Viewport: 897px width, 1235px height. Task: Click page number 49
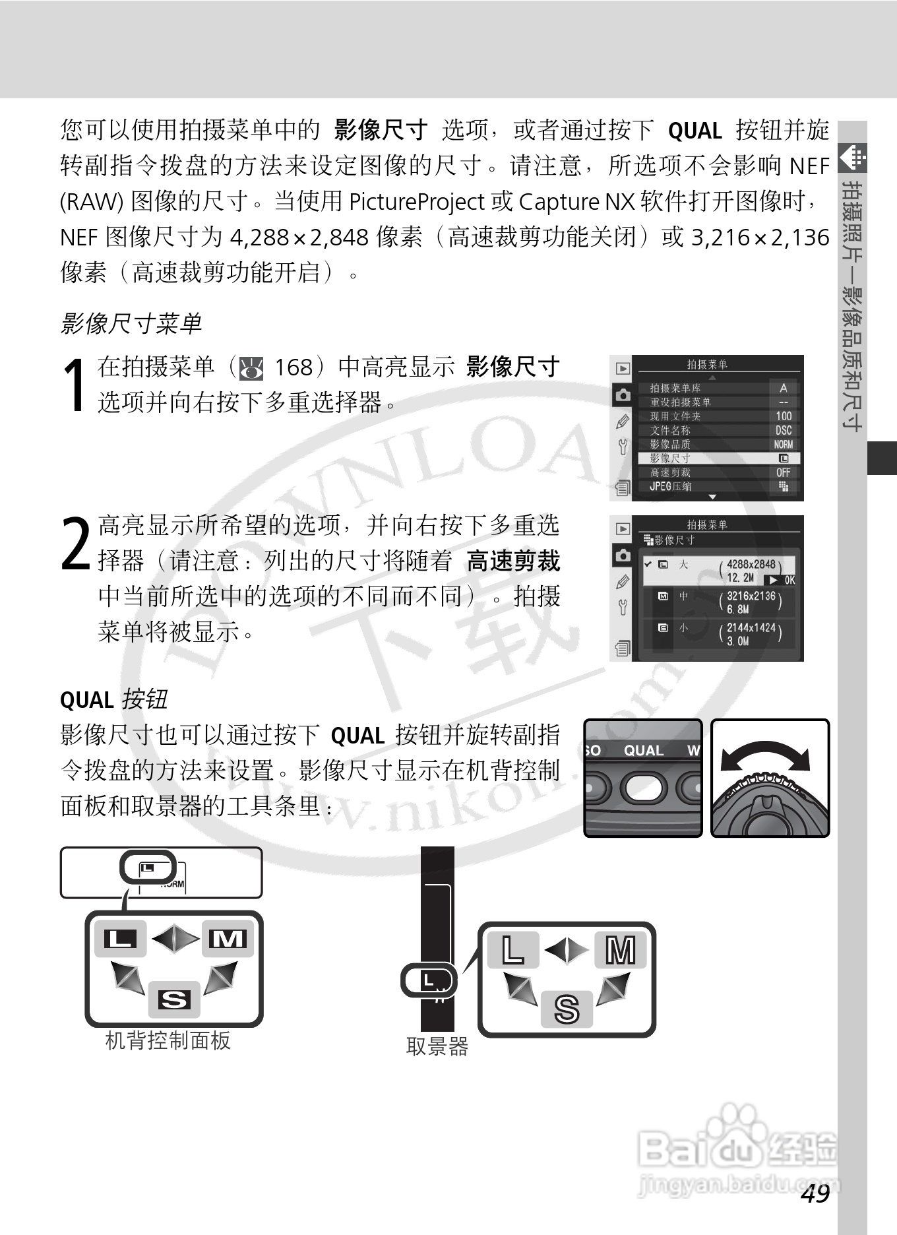pyautogui.click(x=815, y=1193)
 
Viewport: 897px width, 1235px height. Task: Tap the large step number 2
pyautogui.click(x=75, y=544)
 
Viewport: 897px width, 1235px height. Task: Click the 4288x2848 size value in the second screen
pyautogui.click(x=751, y=565)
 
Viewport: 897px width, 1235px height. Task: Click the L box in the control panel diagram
pyautogui.click(x=120, y=937)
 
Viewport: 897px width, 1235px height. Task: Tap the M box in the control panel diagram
pyautogui.click(x=228, y=937)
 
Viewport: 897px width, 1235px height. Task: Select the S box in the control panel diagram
pyautogui.click(x=174, y=999)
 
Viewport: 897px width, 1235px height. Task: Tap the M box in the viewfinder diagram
pyautogui.click(x=620, y=951)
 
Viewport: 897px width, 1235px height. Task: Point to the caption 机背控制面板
pyautogui.click(x=168, y=1040)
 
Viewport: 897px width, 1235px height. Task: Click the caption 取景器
pyautogui.click(x=437, y=1046)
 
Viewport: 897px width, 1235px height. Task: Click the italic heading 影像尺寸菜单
pyautogui.click(x=131, y=323)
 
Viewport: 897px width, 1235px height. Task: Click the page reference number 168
pyautogui.click(x=293, y=367)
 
